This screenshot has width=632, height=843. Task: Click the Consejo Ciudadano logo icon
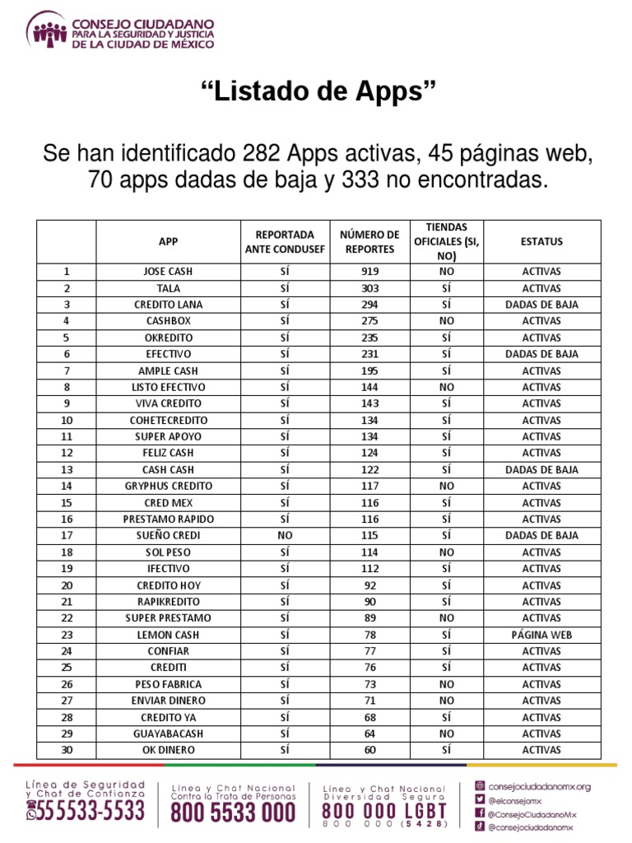47,30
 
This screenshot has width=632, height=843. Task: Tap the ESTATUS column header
541,241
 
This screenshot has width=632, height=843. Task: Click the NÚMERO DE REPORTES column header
369,241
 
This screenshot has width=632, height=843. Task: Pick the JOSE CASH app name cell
168,272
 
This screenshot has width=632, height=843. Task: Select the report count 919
369,272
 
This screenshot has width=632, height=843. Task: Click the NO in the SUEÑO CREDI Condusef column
285,535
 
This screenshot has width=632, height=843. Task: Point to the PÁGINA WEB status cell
541,635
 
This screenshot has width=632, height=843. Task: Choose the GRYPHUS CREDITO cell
168,486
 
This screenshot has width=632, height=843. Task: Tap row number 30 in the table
67,750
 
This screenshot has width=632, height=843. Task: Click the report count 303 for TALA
369,288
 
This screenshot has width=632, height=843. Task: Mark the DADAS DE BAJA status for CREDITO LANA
541,305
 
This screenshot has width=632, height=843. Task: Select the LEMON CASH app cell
168,635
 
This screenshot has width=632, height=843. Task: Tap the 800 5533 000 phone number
233,813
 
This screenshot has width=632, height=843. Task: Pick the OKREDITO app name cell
168,338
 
